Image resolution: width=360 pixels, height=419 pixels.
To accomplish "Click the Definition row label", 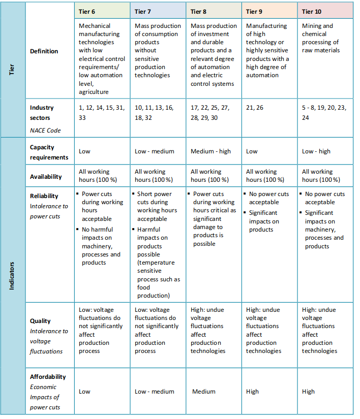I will [x=44, y=51].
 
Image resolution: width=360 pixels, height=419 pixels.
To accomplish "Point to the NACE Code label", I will [x=45, y=130].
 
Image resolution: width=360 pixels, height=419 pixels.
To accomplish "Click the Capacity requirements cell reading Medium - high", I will [x=210, y=151].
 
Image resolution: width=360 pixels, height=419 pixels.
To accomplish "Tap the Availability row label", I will [x=46, y=177].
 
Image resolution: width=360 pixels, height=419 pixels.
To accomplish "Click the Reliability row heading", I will [x=44, y=196].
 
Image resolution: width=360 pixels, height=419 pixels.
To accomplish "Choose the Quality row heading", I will [x=40, y=321].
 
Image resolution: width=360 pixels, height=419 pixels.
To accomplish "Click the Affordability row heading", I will [x=48, y=377].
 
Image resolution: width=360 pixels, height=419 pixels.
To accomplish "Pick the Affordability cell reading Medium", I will [x=204, y=392].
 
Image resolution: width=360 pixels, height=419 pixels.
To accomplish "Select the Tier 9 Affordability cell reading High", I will [x=252, y=392].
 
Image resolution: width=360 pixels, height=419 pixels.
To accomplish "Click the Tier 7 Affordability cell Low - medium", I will [x=154, y=392].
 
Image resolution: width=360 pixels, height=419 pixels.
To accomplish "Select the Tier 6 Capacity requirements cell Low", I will [x=85, y=151].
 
